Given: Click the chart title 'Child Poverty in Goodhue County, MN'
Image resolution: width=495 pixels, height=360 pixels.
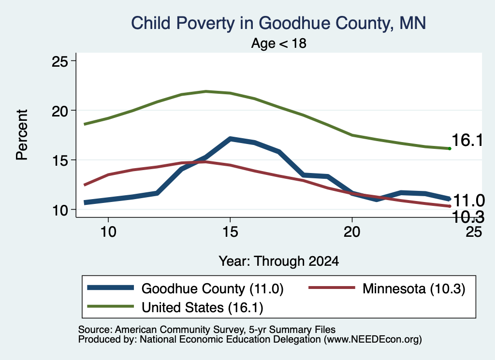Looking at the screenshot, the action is pos(278,23).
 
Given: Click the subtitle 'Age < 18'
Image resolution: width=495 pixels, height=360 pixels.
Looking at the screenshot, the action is pos(279,43).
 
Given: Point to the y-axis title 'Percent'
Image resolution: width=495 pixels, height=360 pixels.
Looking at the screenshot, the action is pos(22,135).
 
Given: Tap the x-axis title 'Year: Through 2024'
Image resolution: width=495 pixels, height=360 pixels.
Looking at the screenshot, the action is pos(279,261).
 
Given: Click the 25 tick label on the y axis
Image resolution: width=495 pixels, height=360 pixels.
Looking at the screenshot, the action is pos(59,61).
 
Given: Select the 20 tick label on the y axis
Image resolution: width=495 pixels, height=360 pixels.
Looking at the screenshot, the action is pos(59,111).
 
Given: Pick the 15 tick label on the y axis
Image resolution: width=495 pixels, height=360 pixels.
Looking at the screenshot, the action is pos(59,160).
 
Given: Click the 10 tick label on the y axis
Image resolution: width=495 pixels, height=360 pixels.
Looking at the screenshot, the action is pos(59,210).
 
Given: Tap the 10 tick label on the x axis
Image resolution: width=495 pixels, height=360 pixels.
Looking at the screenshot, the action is pos(108,232).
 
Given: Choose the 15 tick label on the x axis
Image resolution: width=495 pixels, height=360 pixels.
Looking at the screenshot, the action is pos(230,232).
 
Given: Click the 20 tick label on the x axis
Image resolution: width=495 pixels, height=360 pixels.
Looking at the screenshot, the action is pos(352,232).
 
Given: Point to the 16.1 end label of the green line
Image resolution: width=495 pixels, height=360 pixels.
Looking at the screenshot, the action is pos(467,140).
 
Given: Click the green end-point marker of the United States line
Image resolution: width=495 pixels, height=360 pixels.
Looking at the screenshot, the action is pos(450,148).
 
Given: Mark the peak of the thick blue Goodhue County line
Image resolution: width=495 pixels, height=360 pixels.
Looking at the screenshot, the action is pos(230,139).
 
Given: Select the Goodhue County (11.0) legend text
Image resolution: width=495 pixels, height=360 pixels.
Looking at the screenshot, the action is pos(213,288).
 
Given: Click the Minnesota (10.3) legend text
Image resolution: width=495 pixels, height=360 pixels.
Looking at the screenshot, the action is pos(414,288).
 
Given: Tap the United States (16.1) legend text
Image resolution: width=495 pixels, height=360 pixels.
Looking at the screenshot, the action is pos(203,308).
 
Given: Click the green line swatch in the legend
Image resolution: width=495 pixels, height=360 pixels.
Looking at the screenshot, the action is pos(111,306).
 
